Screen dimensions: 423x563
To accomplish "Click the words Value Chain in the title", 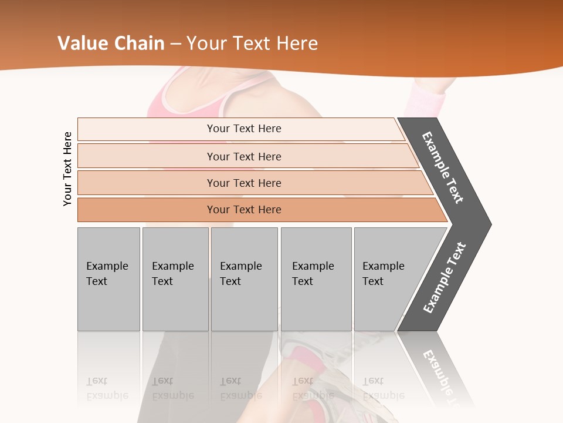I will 111,43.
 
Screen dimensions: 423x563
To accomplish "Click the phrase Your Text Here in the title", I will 252,43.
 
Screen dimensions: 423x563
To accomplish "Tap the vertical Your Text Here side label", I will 67,169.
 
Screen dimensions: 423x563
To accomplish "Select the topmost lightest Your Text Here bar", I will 244,129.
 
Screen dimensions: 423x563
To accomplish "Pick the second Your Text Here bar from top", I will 244,156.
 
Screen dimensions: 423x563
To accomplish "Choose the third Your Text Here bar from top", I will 244,183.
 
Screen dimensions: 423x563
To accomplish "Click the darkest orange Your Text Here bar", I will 244,210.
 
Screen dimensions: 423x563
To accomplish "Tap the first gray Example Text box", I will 108,278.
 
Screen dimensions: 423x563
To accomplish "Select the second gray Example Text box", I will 175,278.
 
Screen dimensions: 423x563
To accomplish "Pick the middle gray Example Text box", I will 244,278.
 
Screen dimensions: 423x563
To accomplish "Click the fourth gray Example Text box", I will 316,278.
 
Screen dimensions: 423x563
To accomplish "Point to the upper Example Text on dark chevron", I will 443,167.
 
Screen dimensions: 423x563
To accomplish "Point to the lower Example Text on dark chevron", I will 444,278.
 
